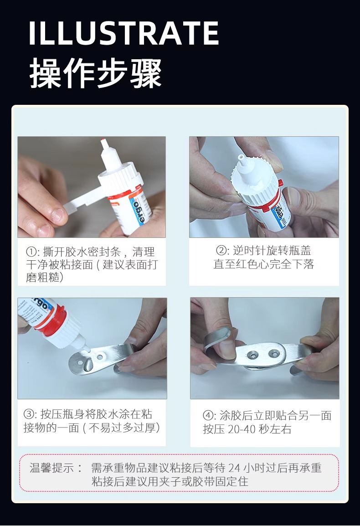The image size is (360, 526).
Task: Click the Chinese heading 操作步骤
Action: (x=96, y=73)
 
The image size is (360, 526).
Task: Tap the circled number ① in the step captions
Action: (x=31, y=252)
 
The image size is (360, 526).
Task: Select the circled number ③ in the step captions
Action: (x=28, y=414)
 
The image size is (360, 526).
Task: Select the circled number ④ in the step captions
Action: (x=208, y=416)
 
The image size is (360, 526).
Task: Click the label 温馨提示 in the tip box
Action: (x=51, y=468)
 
